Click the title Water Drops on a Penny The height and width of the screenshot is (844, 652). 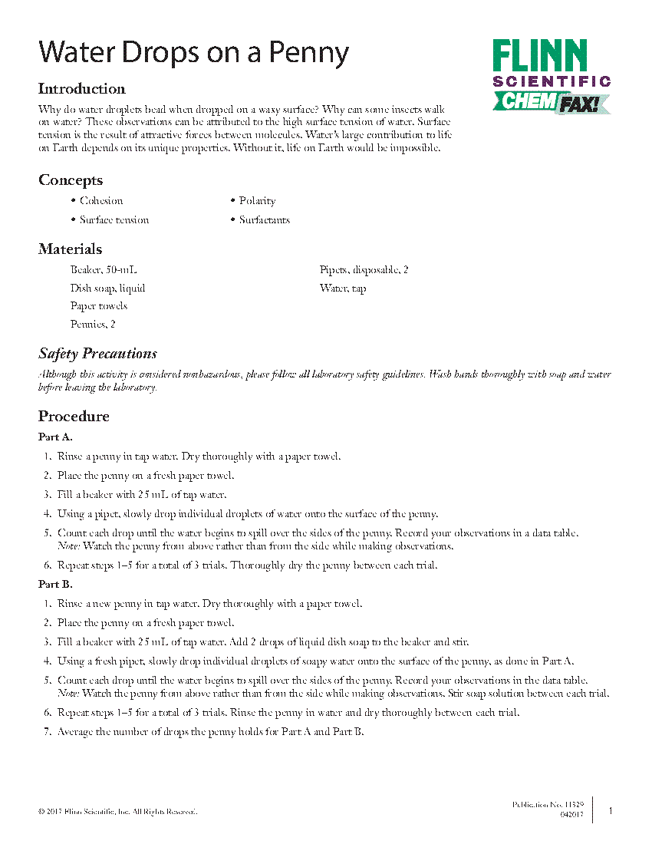coord(193,52)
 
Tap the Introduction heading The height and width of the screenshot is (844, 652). coord(82,88)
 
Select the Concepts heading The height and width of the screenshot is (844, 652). coord(71,180)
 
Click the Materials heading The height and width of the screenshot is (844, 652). coord(70,249)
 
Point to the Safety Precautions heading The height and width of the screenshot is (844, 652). coord(97,354)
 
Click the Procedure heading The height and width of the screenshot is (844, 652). coord(74,417)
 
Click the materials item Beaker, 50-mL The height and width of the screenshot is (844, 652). coord(104,270)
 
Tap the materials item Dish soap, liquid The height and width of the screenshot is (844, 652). coord(107,288)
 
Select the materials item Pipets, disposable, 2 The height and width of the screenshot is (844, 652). coord(364,270)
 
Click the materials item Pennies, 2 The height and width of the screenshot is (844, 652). coord(93,325)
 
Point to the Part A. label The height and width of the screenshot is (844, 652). coord(55,437)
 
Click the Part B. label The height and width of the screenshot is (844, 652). coord(55,585)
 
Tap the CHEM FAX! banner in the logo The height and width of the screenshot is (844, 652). coord(551,102)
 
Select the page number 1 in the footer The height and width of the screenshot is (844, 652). coord(611,811)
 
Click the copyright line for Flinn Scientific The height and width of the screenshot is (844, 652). coord(117,812)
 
